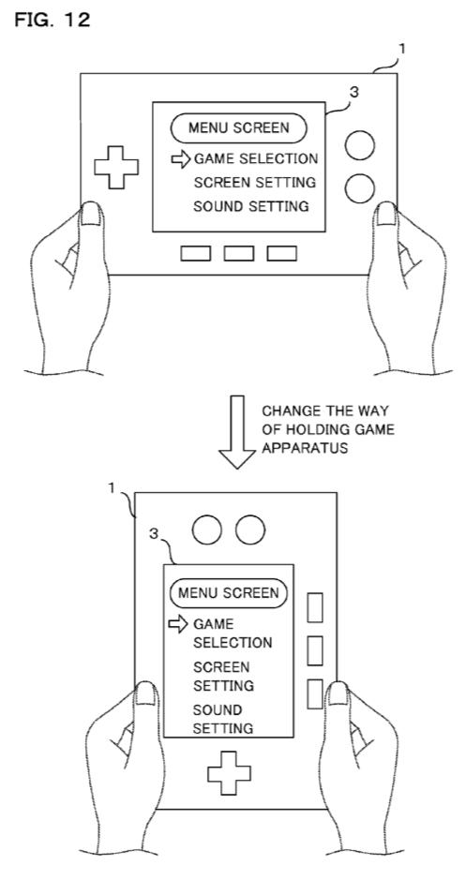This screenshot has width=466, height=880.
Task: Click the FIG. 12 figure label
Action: pyautogui.click(x=52, y=21)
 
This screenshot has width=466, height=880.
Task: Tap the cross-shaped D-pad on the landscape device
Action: pyautogui.click(x=116, y=167)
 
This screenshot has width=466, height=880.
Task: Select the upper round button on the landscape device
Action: pyautogui.click(x=360, y=145)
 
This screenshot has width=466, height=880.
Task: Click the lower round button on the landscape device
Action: pyautogui.click(x=360, y=188)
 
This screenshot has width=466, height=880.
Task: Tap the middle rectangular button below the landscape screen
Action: pyautogui.click(x=238, y=254)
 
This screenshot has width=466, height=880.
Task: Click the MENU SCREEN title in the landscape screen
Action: pyautogui.click(x=239, y=128)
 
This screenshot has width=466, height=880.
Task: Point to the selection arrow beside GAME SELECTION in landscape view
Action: pyautogui.click(x=181, y=159)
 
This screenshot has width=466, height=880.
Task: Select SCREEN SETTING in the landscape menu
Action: pyautogui.click(x=255, y=183)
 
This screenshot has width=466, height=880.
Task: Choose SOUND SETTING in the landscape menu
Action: pyautogui.click(x=251, y=206)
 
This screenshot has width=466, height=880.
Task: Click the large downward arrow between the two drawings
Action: pyautogui.click(x=237, y=431)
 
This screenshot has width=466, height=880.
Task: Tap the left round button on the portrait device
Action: pyautogui.click(x=206, y=529)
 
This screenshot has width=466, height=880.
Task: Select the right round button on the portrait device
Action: pyautogui.click(x=250, y=529)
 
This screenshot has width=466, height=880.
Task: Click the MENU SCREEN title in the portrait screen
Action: pyautogui.click(x=229, y=593)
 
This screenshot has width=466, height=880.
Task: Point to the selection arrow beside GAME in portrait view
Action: pyautogui.click(x=178, y=624)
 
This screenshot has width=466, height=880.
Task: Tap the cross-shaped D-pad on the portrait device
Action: pyautogui.click(x=229, y=773)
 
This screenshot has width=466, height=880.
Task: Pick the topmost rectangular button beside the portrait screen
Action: pyautogui.click(x=315, y=607)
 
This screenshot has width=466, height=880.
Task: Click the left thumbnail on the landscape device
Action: pyautogui.click(x=92, y=214)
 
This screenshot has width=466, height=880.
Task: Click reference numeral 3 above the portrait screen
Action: pyautogui.click(x=154, y=534)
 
